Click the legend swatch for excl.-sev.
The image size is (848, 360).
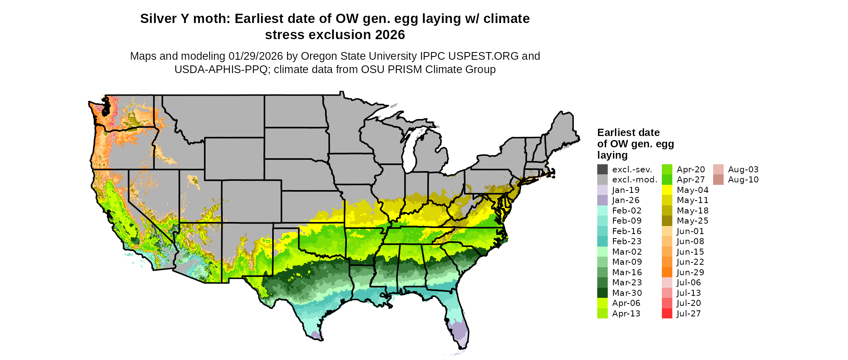[602, 170]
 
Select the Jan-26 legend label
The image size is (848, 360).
[626, 200]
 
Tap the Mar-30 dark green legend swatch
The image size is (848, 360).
[602, 293]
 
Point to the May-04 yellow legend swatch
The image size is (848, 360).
[667, 190]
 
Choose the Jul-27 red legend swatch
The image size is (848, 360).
[667, 314]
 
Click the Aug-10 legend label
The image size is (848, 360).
[743, 180]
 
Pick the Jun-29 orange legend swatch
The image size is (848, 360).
[667, 272]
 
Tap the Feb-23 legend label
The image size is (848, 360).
[627, 241]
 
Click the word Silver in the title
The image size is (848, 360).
[160, 19]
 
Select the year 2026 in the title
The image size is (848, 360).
[390, 35]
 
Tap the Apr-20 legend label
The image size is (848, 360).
[691, 170]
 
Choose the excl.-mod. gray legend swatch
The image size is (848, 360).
[602, 180]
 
